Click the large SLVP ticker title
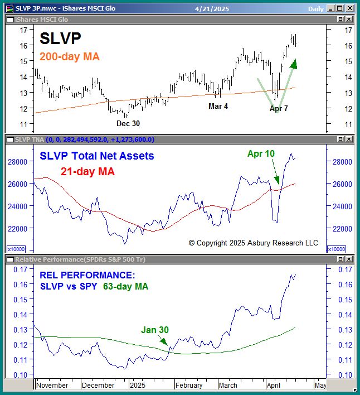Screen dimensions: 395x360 click(x=60, y=38)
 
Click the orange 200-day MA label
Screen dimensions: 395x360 click(x=70, y=56)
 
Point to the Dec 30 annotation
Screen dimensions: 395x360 click(x=128, y=123)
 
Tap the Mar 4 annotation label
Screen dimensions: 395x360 click(x=218, y=106)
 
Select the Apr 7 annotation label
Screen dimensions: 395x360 click(x=279, y=108)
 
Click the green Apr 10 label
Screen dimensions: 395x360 click(x=261, y=153)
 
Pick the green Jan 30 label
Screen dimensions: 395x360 click(x=154, y=330)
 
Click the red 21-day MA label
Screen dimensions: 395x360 click(x=87, y=172)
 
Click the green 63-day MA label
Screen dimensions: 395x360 click(x=126, y=286)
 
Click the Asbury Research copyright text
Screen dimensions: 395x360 click(x=253, y=243)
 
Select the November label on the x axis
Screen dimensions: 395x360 click(x=52, y=385)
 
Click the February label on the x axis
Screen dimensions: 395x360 click(x=188, y=385)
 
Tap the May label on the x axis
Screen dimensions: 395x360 click(x=320, y=385)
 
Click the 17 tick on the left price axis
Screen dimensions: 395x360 click(x=23, y=30)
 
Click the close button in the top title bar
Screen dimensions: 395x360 click(x=349, y=8)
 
